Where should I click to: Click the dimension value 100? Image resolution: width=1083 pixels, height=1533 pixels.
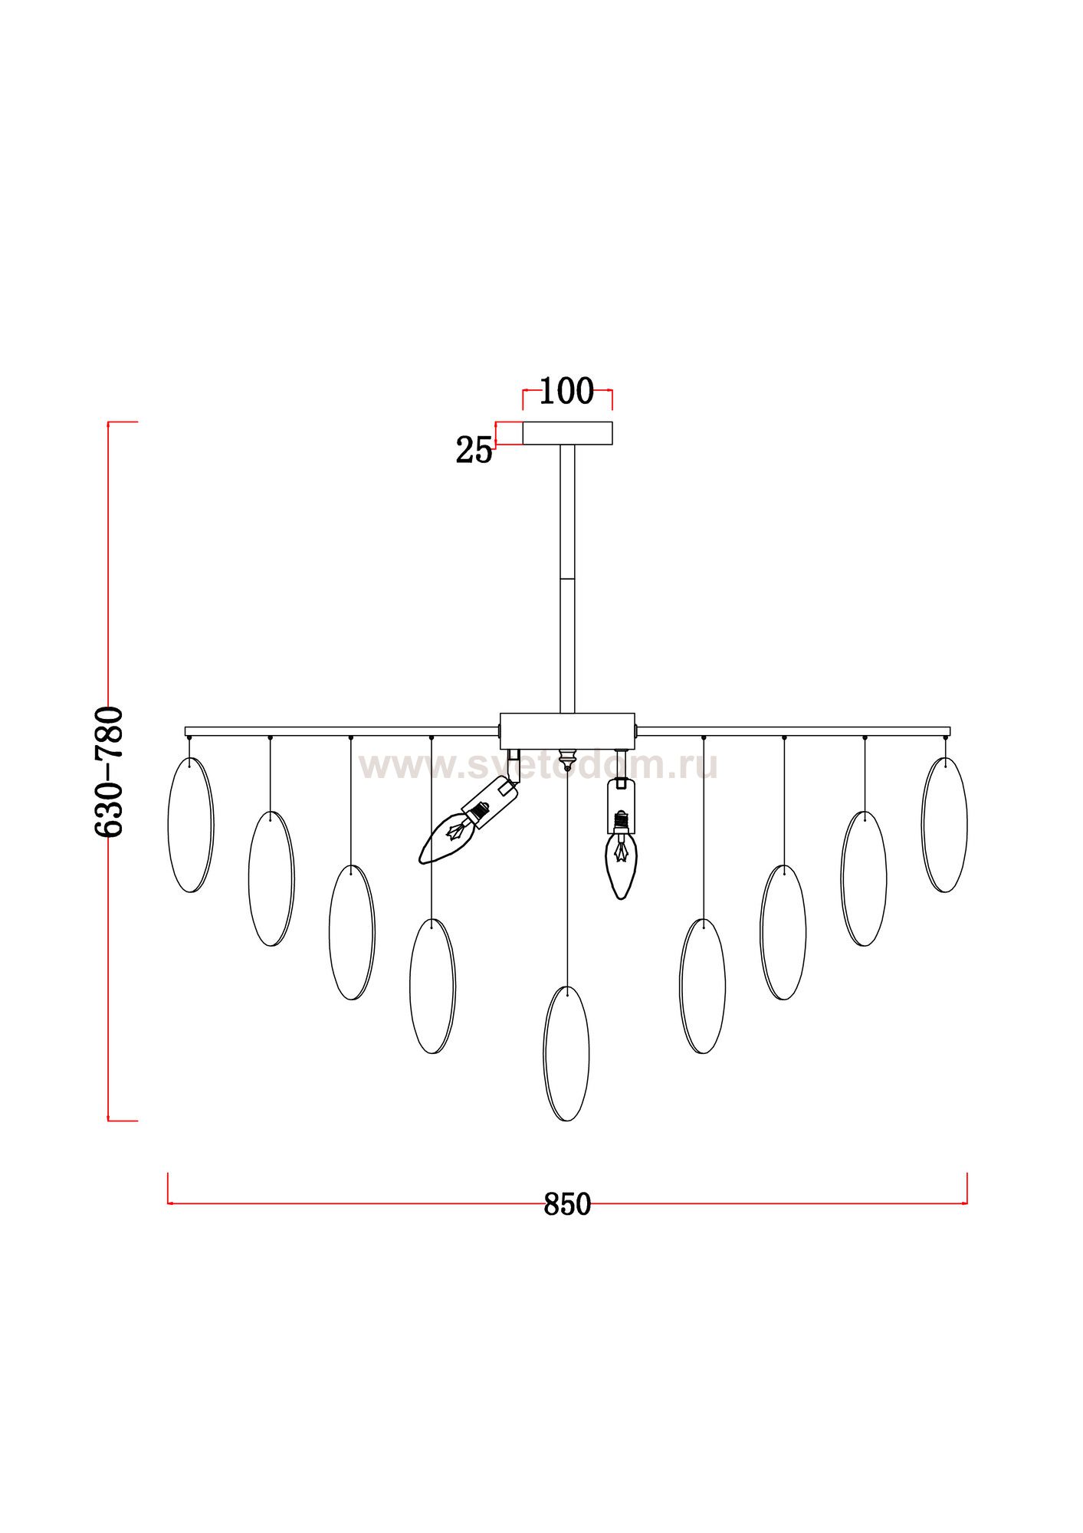pos(567,391)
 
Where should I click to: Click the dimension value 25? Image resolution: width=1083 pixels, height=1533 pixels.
pos(474,450)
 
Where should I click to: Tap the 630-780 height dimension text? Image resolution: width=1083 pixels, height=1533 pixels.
pos(108,771)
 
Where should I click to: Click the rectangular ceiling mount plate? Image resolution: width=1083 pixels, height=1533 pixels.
pos(567,433)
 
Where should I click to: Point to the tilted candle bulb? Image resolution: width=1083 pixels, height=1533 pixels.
pos(469,821)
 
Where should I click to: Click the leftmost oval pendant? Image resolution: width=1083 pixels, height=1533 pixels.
pos(190,825)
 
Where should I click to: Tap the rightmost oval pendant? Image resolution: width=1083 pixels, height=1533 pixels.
pos(944,825)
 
